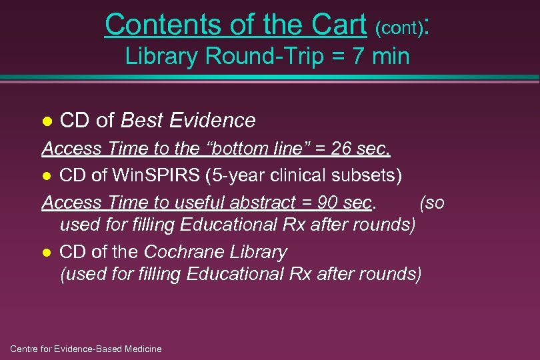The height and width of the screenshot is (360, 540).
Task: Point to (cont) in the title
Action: pyautogui.click(x=399, y=28)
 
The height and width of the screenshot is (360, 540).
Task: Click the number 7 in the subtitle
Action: pyautogui.click(x=359, y=56)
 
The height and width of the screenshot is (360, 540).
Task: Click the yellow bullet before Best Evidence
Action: pyautogui.click(x=47, y=121)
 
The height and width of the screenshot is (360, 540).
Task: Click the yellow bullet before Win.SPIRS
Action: pyautogui.click(x=47, y=176)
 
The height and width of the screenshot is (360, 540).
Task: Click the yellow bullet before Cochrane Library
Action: pyautogui.click(x=47, y=253)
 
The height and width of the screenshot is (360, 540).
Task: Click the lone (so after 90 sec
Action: pyautogui.click(x=431, y=202)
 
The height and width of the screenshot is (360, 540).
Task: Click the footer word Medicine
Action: pyautogui.click(x=140, y=349)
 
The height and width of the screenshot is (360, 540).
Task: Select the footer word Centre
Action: pyautogui.click(x=25, y=349)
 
